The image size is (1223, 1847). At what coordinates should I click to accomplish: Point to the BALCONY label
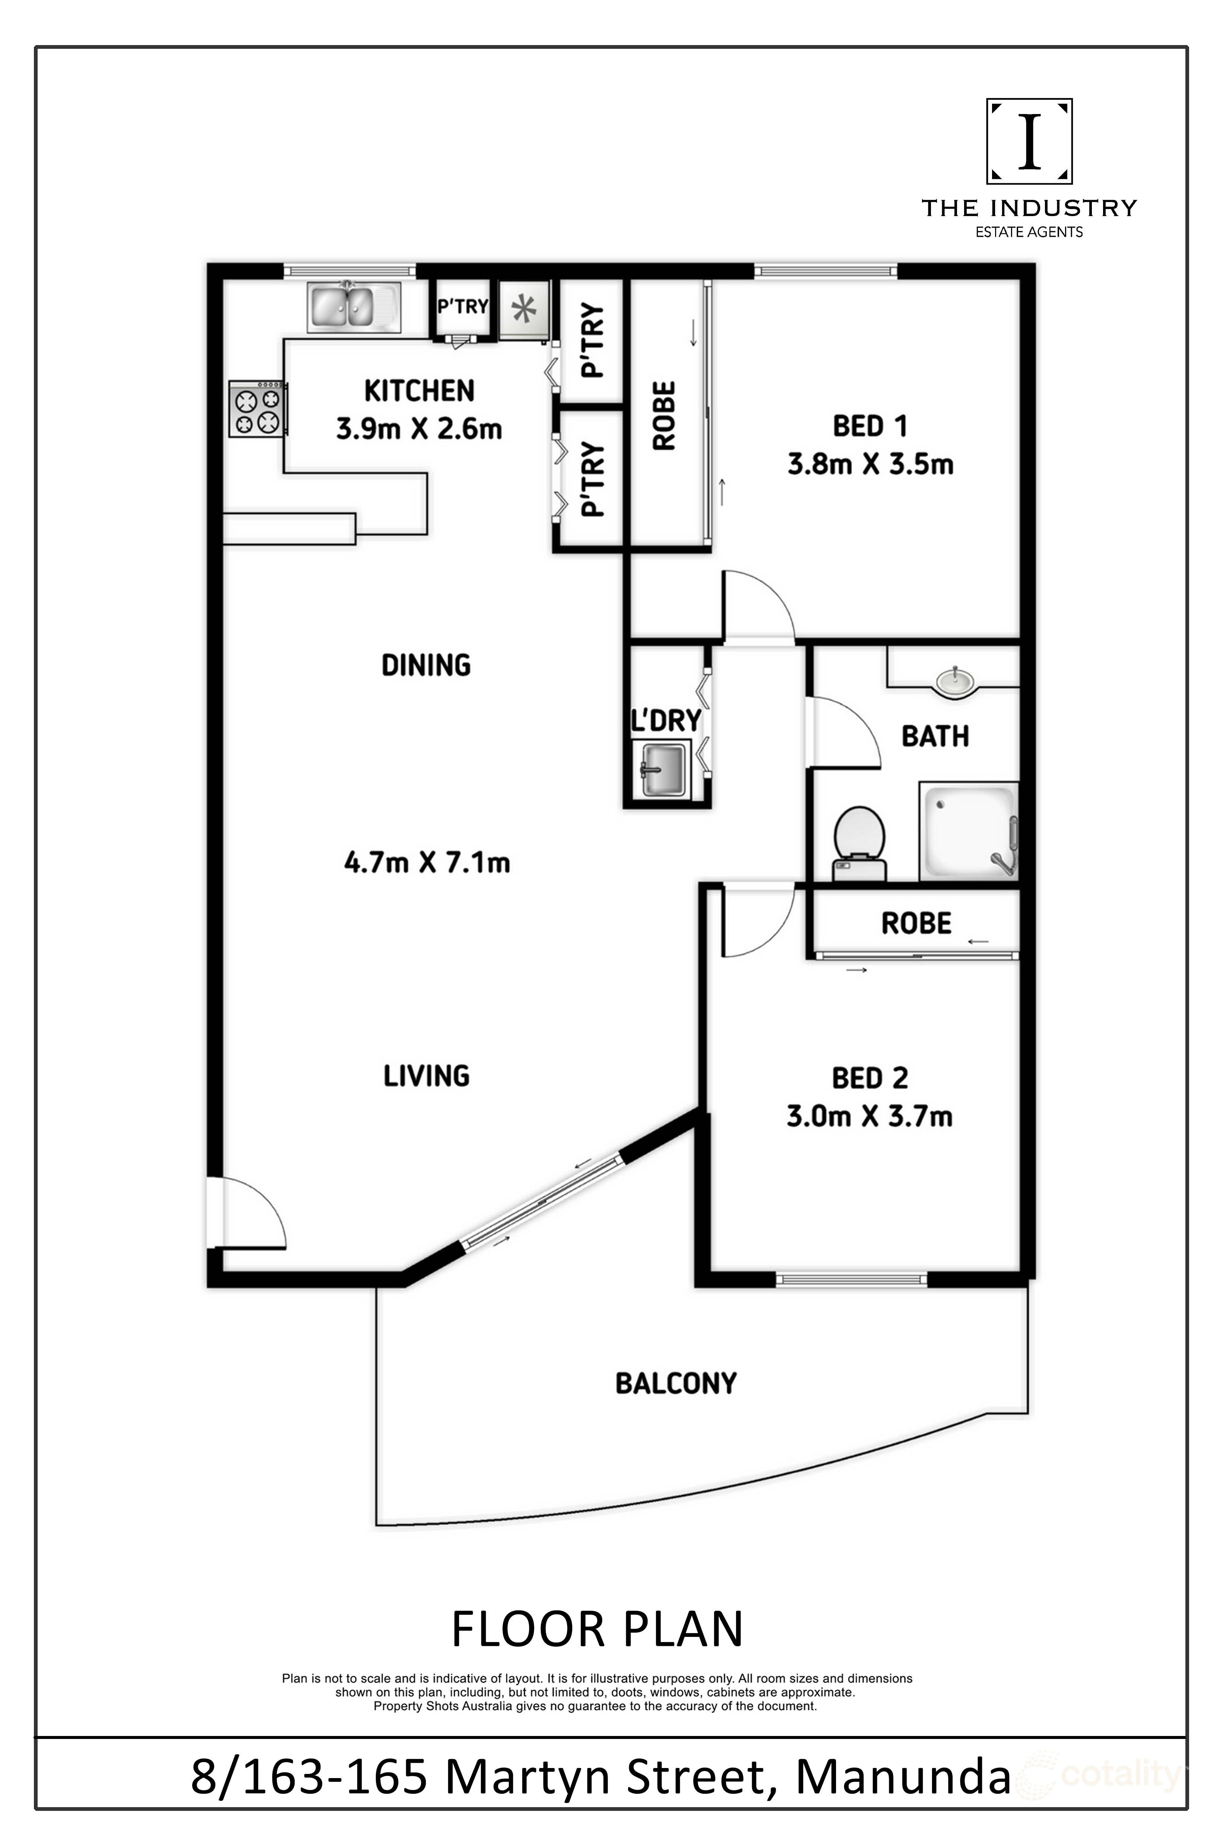(675, 1383)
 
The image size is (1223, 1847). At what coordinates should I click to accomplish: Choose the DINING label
(426, 665)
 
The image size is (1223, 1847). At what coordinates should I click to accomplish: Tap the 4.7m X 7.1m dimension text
(427, 863)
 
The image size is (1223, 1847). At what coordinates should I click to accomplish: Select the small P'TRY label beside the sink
(462, 307)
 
